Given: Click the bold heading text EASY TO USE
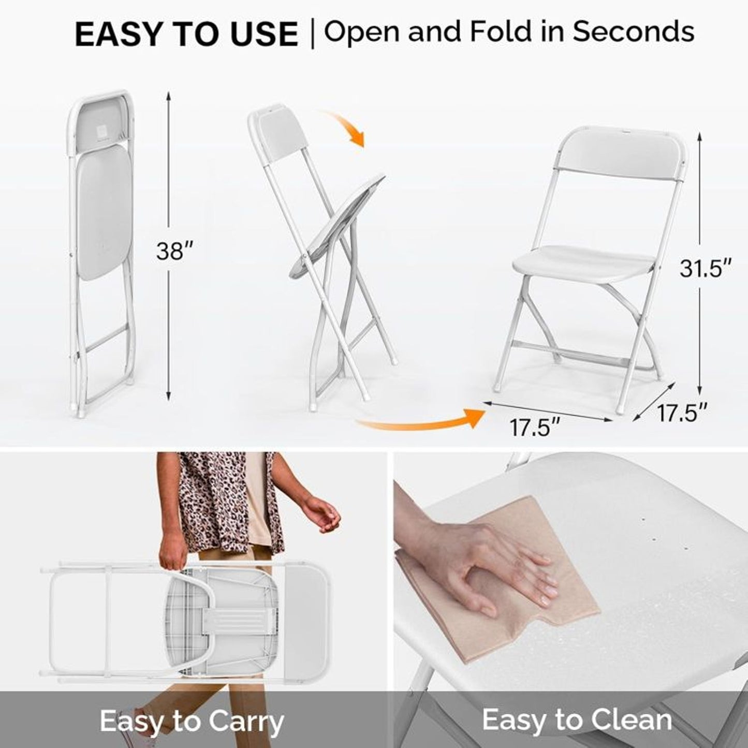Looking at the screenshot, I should (186, 35).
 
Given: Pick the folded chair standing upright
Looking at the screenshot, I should (101, 248).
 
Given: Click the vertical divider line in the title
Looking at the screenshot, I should (312, 34).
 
